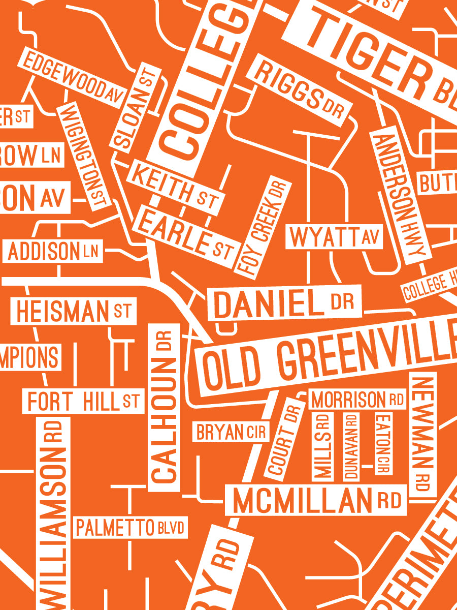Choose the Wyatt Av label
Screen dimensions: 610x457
pyautogui.click(x=334, y=237)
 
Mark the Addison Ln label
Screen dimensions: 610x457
pyautogui.click(x=53, y=251)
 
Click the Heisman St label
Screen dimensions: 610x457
pyautogui.click(x=74, y=311)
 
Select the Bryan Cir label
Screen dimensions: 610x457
pyautogui.click(x=231, y=432)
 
